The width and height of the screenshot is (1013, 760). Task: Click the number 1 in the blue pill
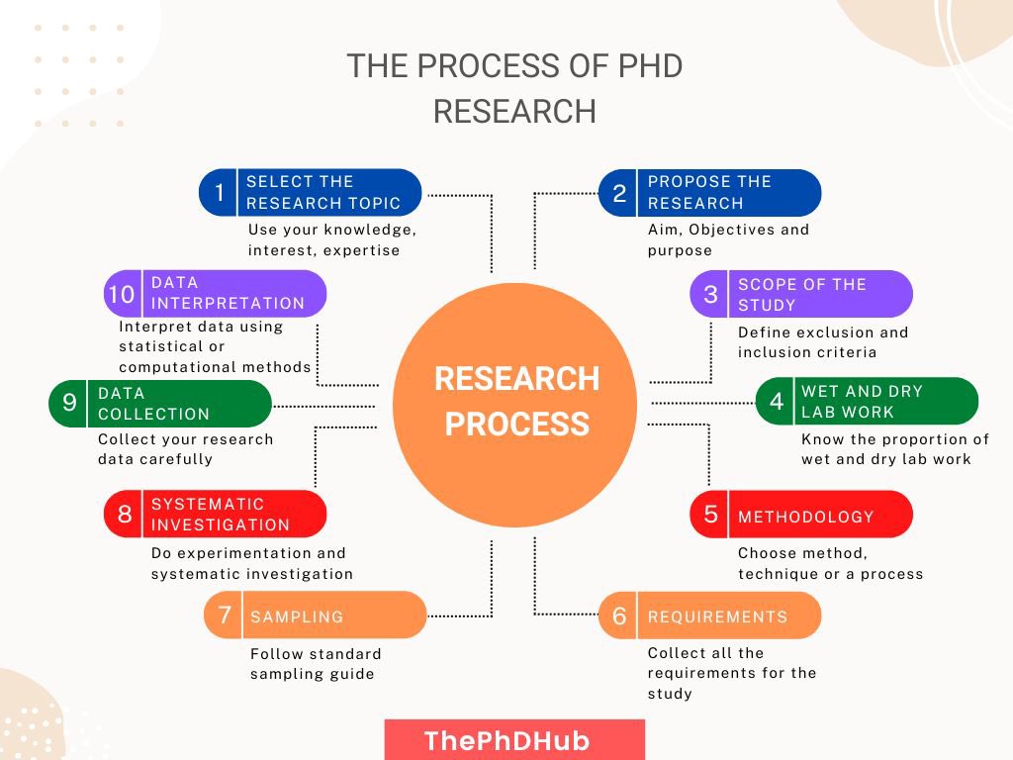pyautogui.click(x=220, y=193)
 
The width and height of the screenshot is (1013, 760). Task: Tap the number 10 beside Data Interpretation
pyautogui.click(x=122, y=294)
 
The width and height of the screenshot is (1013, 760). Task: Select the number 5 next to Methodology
pyautogui.click(x=710, y=515)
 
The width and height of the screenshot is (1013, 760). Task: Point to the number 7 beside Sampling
pyautogui.click(x=225, y=615)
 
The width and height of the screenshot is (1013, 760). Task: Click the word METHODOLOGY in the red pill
pyautogui.click(x=805, y=517)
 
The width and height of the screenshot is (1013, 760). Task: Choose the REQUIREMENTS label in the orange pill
pyautogui.click(x=717, y=617)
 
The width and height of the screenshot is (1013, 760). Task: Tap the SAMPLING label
pyautogui.click(x=297, y=617)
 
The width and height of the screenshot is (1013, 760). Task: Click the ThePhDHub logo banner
pyautogui.click(x=513, y=740)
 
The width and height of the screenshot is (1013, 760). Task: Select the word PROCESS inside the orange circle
pyautogui.click(x=516, y=425)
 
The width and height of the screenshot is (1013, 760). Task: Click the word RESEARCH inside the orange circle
pyautogui.click(x=516, y=379)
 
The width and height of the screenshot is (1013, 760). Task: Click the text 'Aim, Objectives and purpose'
pyautogui.click(x=728, y=239)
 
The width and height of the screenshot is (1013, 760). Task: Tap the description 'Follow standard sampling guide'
pyautogui.click(x=316, y=664)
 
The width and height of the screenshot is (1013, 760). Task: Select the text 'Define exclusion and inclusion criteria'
pyautogui.click(x=822, y=342)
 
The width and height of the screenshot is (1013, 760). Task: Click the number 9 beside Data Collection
pyautogui.click(x=69, y=403)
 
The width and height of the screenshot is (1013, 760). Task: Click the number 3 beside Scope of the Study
pyautogui.click(x=710, y=294)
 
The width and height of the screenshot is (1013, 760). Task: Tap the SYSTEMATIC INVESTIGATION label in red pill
pyautogui.click(x=221, y=515)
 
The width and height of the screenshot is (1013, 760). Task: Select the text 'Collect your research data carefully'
pyautogui.click(x=185, y=448)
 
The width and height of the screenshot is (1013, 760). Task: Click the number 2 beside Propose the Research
pyautogui.click(x=619, y=193)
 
